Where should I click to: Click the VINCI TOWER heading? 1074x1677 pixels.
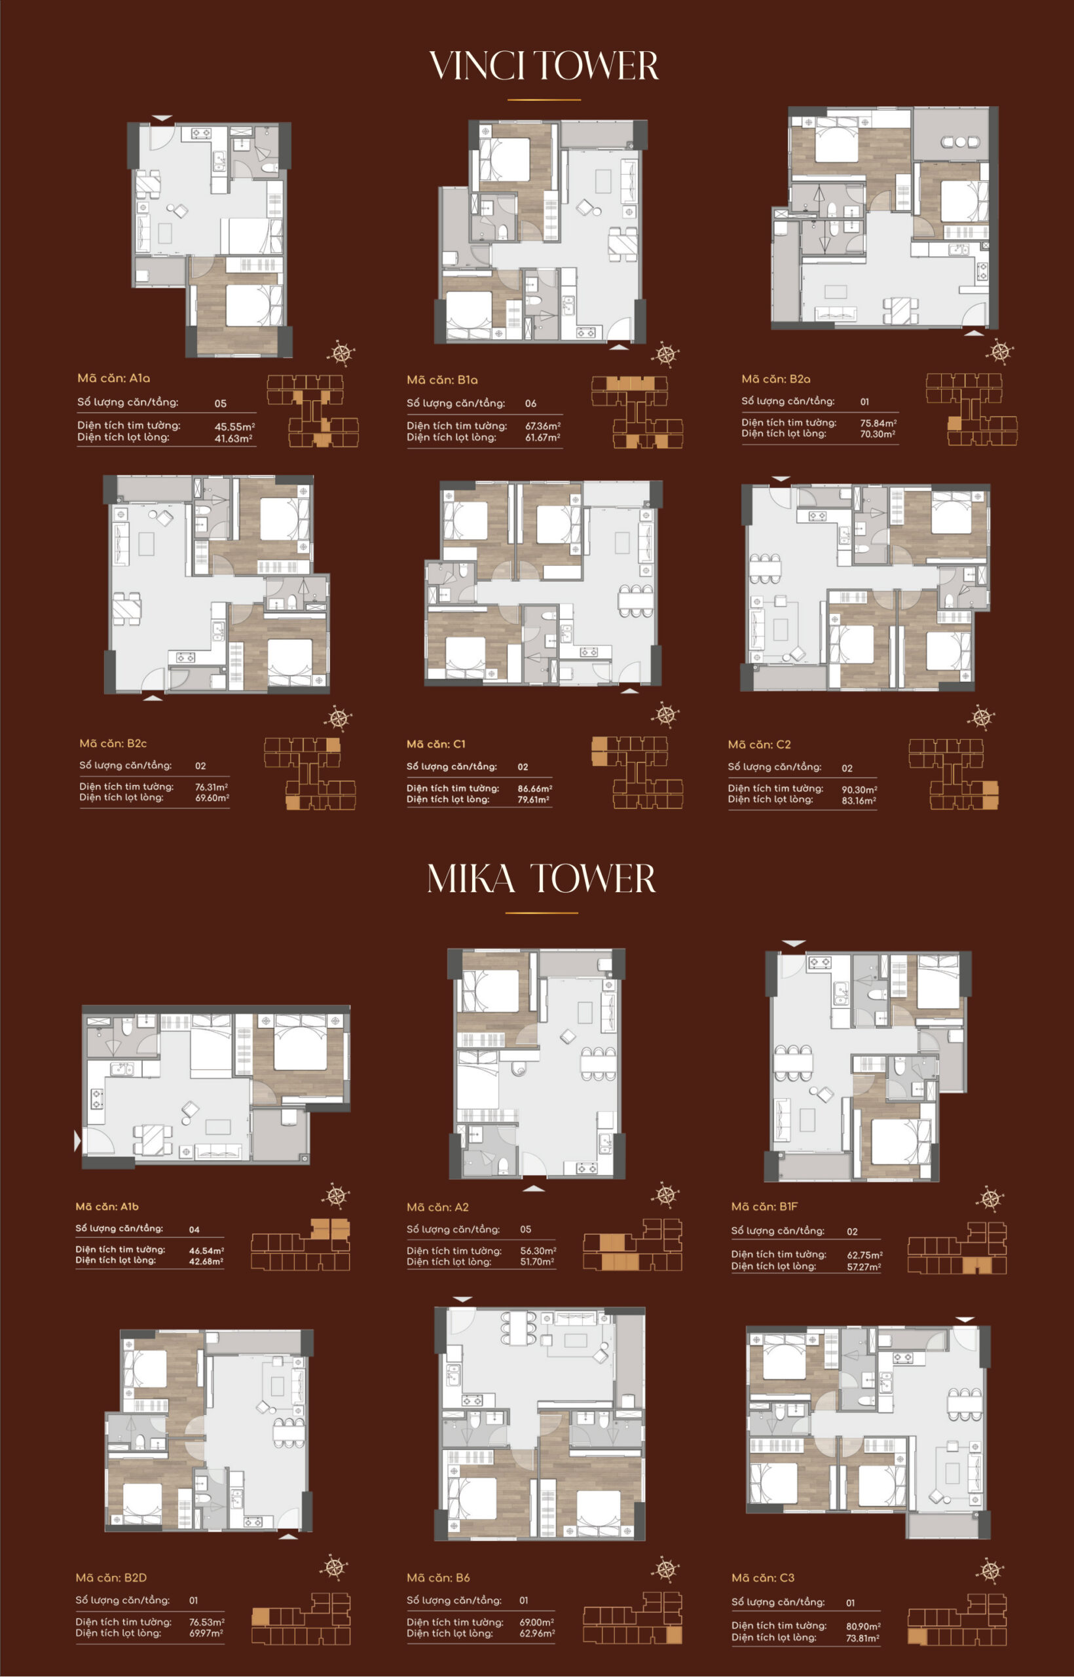[544, 66]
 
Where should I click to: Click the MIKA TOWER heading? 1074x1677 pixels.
[542, 878]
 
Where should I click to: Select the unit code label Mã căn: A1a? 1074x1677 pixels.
[114, 378]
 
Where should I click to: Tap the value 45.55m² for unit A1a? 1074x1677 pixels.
[234, 426]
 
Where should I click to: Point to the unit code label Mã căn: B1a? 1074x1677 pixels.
[442, 380]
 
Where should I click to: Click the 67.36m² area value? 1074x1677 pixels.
[543, 426]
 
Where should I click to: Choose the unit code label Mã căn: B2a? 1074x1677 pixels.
[775, 379]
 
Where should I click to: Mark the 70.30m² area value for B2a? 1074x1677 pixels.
[878, 434]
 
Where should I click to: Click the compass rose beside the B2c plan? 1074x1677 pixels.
[338, 718]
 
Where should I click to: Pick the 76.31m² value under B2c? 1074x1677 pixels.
[212, 787]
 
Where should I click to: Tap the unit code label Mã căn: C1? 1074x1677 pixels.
[436, 744]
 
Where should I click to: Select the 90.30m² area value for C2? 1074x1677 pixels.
[859, 789]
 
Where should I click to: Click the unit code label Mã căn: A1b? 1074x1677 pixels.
[107, 1206]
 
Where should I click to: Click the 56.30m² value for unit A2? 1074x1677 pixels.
[538, 1251]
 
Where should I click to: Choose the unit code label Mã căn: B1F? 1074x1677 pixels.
[764, 1206]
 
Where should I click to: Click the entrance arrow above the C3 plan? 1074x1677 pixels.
[965, 1319]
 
